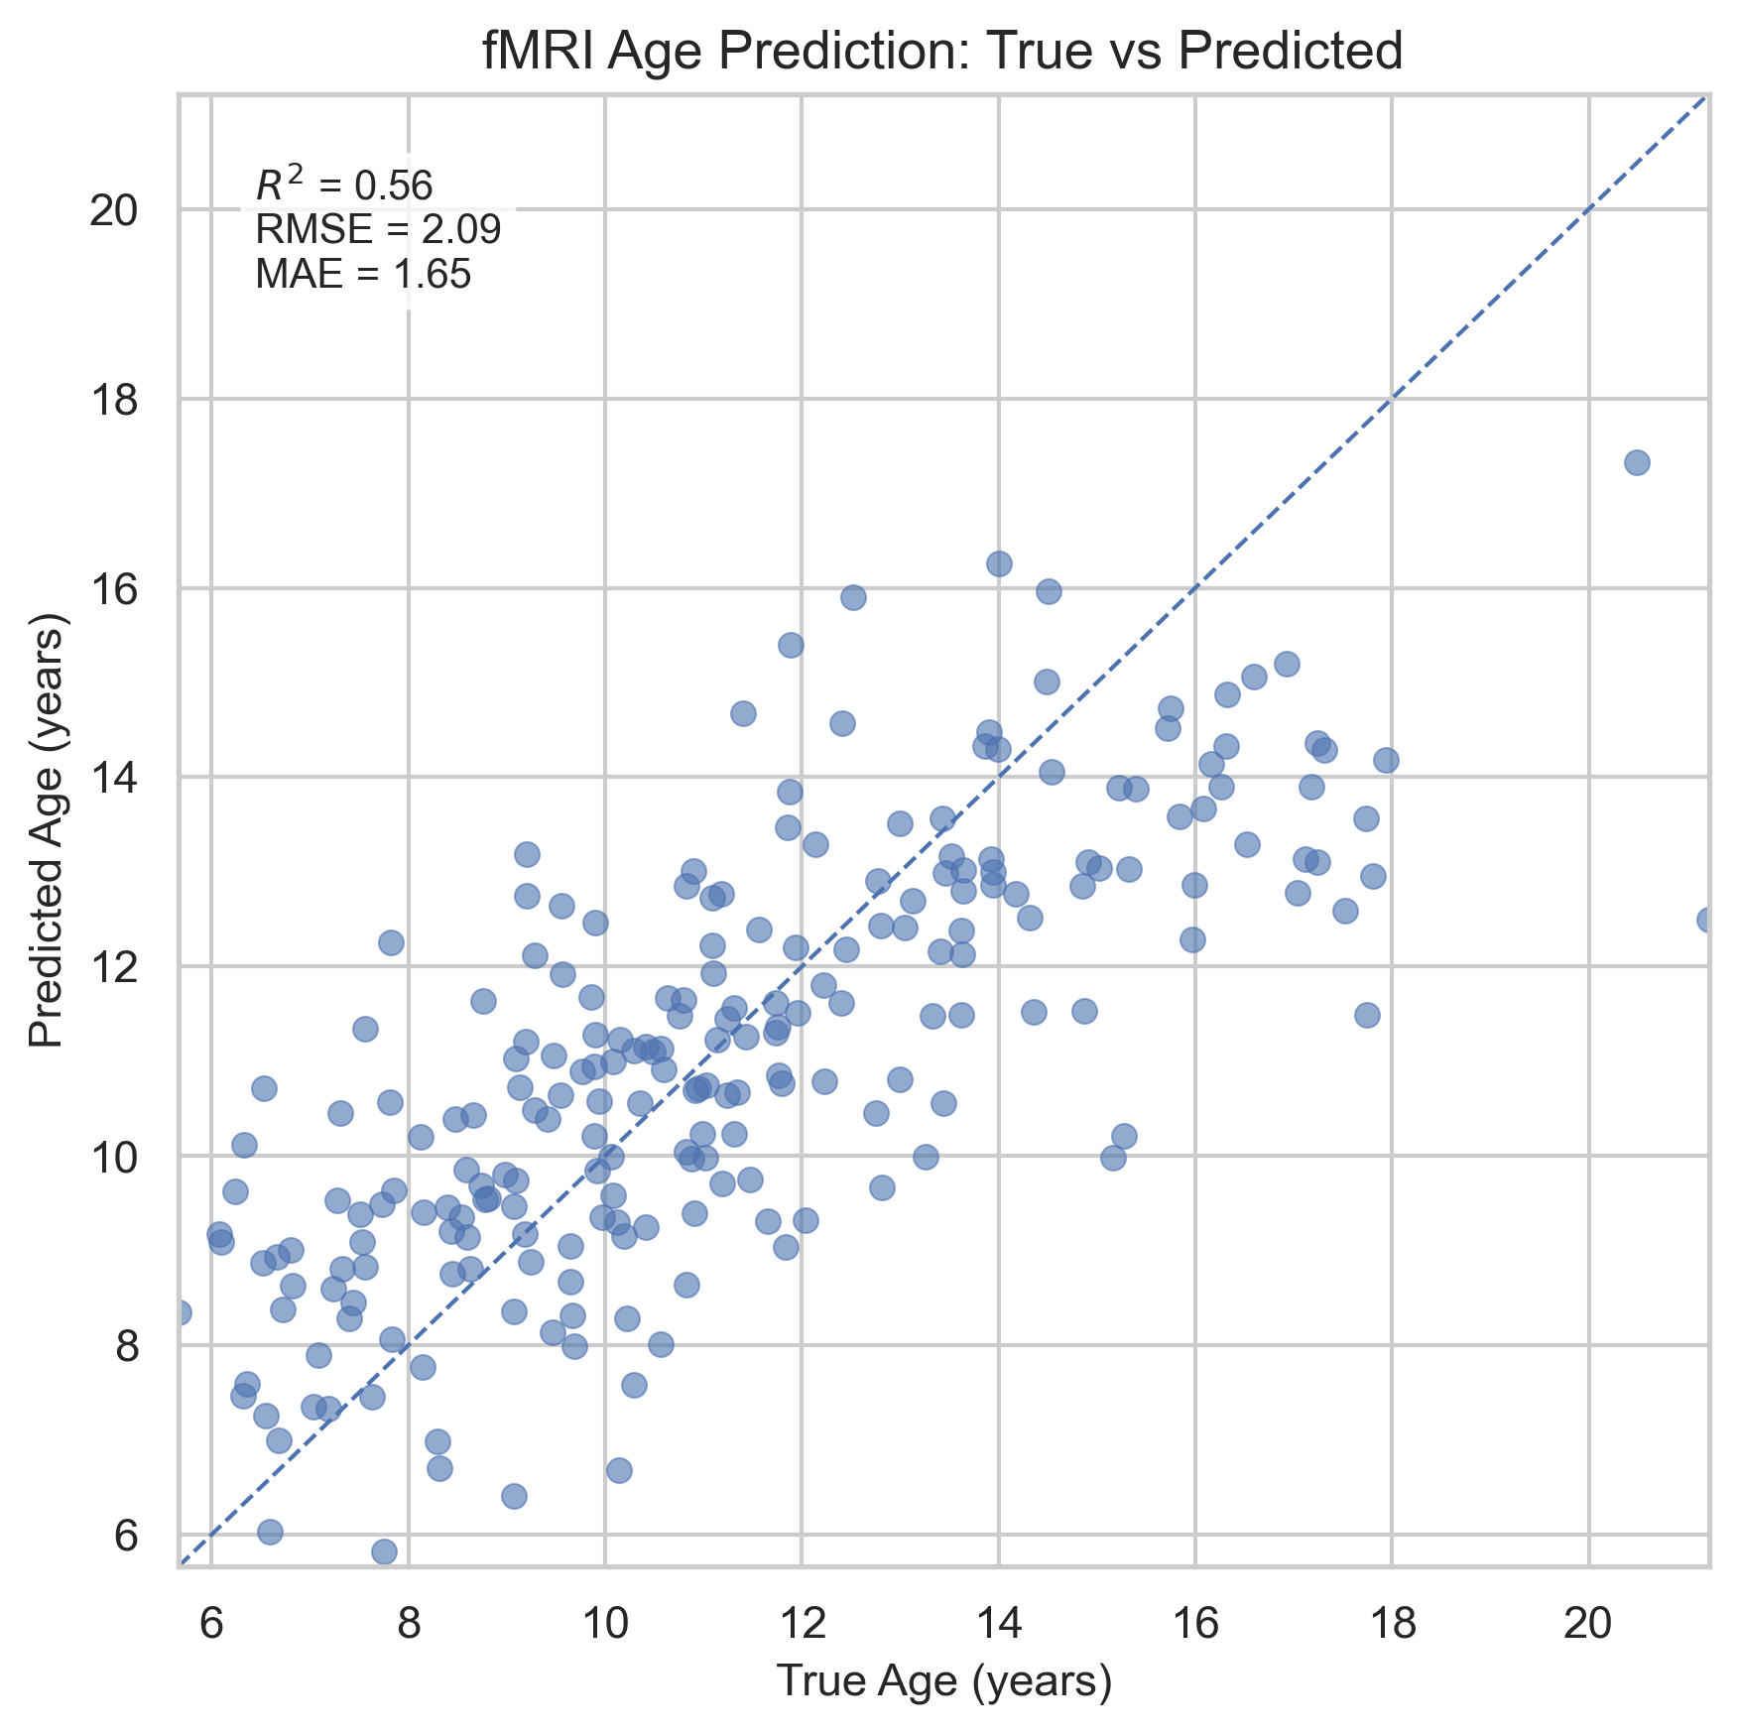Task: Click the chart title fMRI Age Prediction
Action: click(941, 52)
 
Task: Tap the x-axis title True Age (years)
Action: click(943, 1680)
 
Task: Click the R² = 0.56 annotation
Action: click(343, 186)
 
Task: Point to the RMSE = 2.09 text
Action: click(377, 230)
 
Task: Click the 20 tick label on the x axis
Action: click(1588, 1623)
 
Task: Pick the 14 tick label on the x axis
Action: click(998, 1623)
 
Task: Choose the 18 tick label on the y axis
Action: click(113, 400)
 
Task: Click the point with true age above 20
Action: click(1637, 462)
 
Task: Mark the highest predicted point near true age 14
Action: click(999, 563)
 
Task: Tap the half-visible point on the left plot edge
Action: click(182, 1312)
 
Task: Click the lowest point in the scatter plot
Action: click(384, 1551)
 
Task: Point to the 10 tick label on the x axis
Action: click(604, 1623)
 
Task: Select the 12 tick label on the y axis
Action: click(113, 967)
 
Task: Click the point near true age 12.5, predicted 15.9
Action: click(853, 597)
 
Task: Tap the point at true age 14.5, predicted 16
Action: click(1049, 591)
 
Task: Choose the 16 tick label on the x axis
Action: click(1194, 1623)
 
